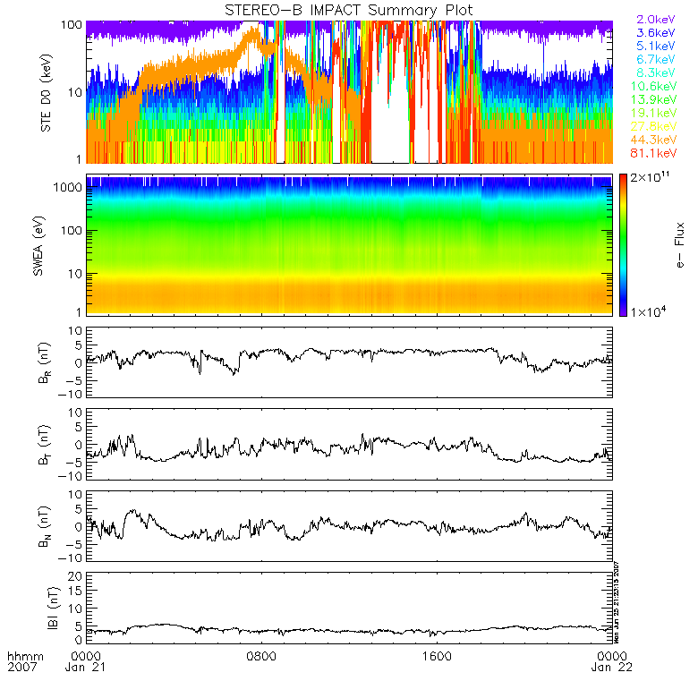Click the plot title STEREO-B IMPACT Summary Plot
click(349, 10)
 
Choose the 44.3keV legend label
click(656, 142)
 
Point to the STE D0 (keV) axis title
click(46, 91)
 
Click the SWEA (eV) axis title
click(46, 242)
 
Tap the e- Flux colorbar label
click(679, 242)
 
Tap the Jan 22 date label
click(611, 668)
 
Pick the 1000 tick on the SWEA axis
click(72, 188)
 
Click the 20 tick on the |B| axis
click(76, 575)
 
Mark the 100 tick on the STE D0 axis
click(72, 24)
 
